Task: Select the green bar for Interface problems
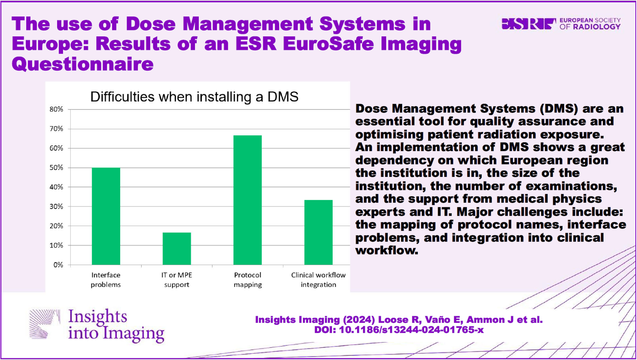click(106, 216)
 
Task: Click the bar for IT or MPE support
click(177, 248)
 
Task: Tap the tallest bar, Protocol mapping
click(247, 200)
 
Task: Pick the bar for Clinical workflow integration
click(318, 232)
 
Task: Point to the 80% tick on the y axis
click(56, 110)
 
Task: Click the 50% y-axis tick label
click(56, 168)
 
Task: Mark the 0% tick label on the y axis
click(58, 265)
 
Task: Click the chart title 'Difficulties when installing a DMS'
click(194, 97)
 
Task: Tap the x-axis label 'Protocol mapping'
click(248, 280)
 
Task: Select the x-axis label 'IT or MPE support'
click(177, 280)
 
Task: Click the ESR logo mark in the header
click(529, 24)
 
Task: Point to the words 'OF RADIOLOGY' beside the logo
click(590, 27)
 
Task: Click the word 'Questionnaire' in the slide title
click(83, 64)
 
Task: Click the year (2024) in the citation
click(359, 320)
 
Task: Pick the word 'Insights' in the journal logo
click(98, 316)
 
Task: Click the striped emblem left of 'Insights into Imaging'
click(45, 324)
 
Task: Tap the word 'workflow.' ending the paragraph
click(387, 250)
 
